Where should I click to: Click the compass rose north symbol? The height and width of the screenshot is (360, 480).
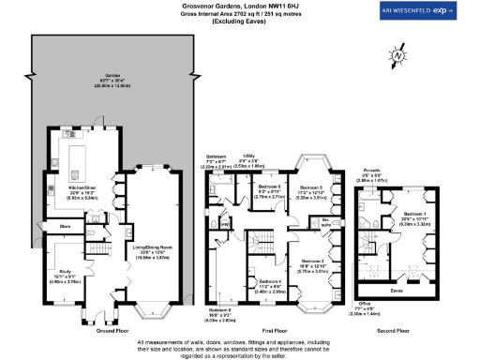point(399,56)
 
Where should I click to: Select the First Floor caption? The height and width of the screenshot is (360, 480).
point(272,331)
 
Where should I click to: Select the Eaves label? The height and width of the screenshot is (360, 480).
point(396,291)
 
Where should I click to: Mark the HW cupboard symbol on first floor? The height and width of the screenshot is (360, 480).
point(225,223)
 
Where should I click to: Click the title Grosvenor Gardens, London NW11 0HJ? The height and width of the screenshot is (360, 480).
point(239,6)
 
